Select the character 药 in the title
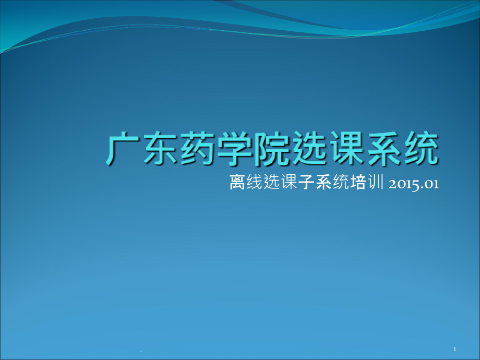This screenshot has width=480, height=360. pyautogui.click(x=199, y=149)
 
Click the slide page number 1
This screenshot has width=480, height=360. pyautogui.click(x=455, y=349)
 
